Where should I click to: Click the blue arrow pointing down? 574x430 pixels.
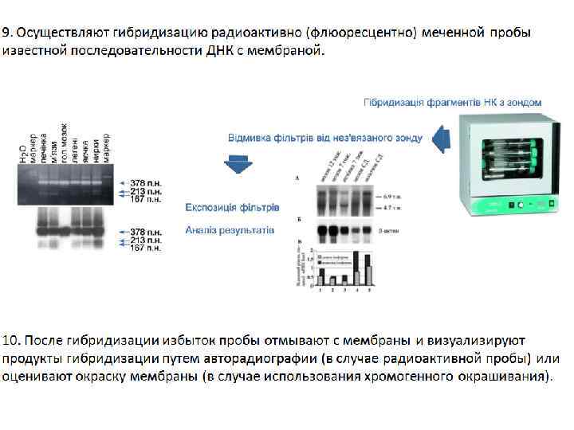tap(237, 164)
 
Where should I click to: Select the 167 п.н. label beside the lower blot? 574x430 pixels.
tap(146, 248)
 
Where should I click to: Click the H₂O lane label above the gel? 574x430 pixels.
tap(24, 151)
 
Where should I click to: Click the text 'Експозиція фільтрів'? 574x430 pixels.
tap(232, 207)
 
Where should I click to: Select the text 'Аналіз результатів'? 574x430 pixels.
tap(230, 229)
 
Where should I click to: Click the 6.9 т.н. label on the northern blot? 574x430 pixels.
tap(392, 195)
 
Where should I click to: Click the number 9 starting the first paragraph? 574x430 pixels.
tap(6, 33)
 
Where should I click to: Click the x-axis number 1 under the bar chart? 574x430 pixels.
tap(320, 290)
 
